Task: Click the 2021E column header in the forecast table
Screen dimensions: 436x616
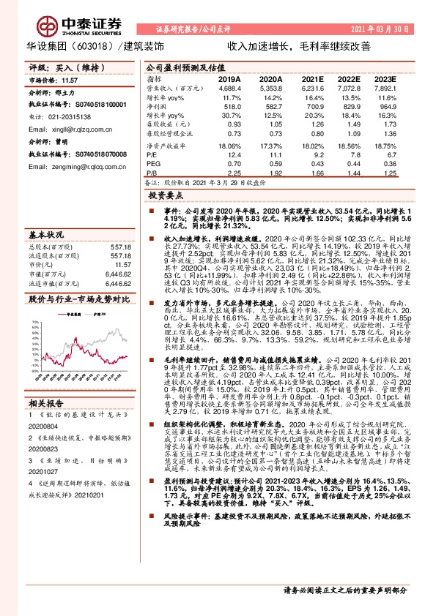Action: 312,78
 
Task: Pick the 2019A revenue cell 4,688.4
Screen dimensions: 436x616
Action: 229,88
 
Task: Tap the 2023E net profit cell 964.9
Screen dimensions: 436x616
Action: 385,106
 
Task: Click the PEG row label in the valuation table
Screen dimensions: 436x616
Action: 153,165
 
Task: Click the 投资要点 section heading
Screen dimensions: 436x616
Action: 165,197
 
